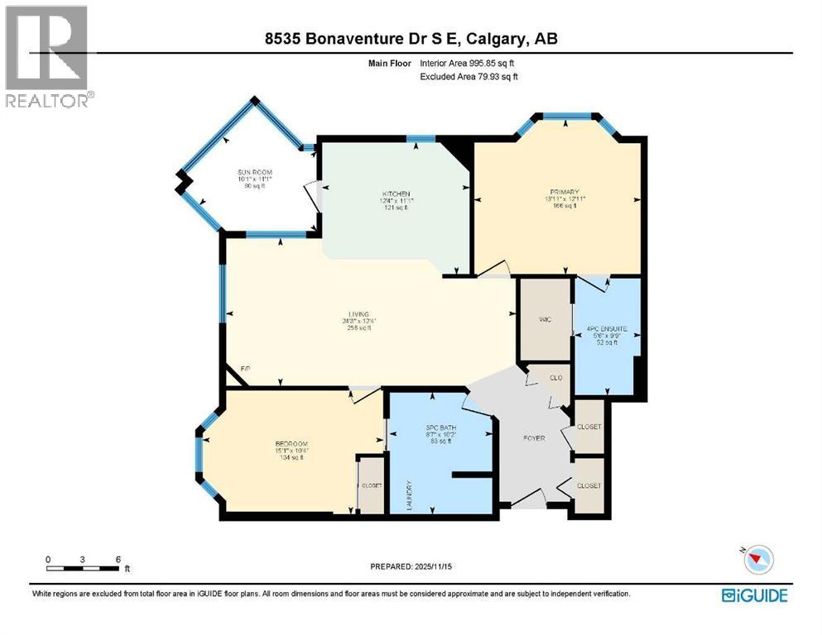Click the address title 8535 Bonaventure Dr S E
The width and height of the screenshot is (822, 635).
coord(410,38)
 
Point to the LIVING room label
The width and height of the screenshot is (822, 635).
coord(358,314)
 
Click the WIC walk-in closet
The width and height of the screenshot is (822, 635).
coord(544,319)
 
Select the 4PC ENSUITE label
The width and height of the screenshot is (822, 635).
coord(608,328)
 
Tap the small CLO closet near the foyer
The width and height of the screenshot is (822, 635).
coord(556,378)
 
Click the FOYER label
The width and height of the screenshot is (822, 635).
coord(534,437)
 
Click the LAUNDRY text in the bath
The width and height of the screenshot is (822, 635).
coord(409,494)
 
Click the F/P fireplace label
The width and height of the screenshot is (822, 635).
coord(245,368)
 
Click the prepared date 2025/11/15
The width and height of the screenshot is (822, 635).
coord(411,566)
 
